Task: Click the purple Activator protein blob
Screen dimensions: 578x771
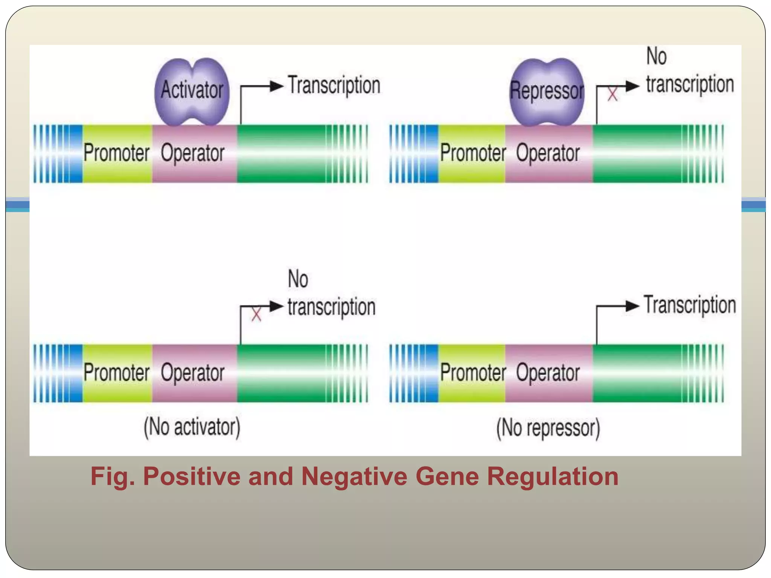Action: (x=192, y=91)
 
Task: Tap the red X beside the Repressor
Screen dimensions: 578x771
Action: (x=613, y=94)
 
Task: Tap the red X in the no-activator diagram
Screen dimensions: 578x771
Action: (x=256, y=314)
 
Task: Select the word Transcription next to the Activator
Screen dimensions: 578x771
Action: (x=334, y=85)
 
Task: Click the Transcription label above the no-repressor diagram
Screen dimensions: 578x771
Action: (x=690, y=305)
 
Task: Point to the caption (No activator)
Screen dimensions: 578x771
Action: (x=192, y=427)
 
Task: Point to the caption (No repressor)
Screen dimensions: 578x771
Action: (x=548, y=428)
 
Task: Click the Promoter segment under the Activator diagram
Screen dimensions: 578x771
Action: (x=117, y=154)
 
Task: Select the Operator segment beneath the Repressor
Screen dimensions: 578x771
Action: (x=548, y=154)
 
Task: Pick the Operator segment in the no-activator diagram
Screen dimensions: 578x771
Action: (x=193, y=373)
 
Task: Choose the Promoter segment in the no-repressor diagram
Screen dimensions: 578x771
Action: (x=472, y=373)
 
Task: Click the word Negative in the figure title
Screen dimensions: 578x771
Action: (x=354, y=476)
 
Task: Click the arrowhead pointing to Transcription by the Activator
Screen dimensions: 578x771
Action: (x=276, y=86)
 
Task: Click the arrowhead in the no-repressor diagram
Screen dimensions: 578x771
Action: (x=632, y=306)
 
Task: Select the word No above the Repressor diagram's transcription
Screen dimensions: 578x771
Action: (x=656, y=56)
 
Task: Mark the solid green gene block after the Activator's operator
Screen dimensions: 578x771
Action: (x=280, y=154)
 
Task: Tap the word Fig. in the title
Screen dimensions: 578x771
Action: (x=112, y=476)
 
